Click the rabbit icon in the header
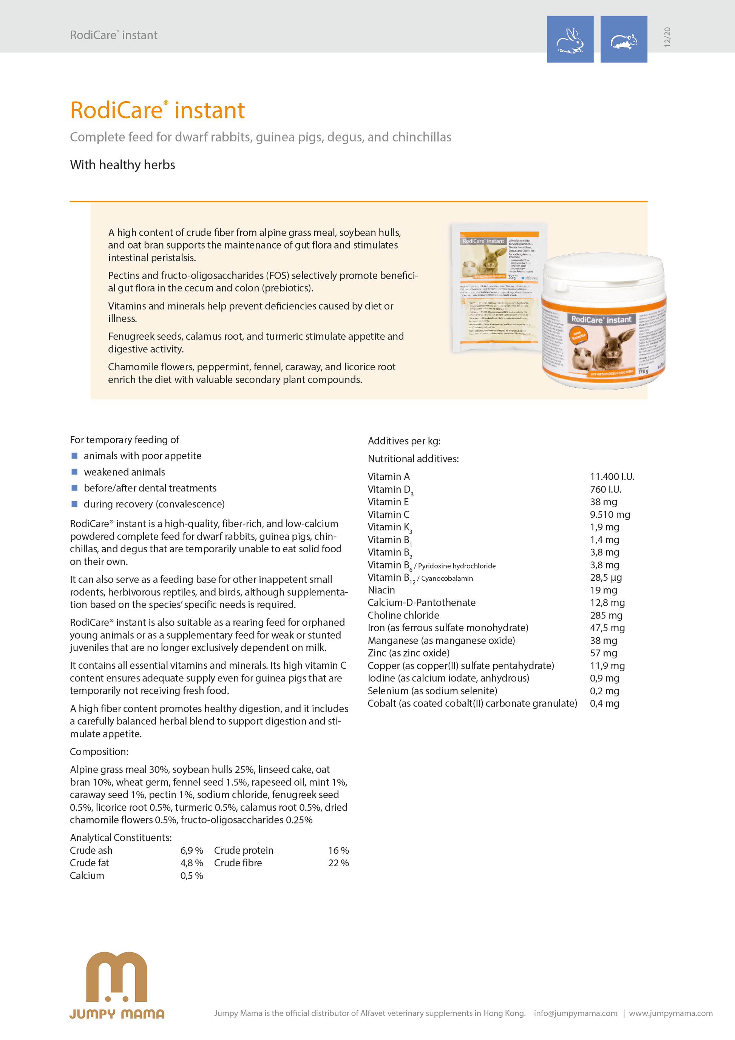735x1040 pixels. (570, 39)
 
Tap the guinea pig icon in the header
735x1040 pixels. (624, 39)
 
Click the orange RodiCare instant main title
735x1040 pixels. (157, 110)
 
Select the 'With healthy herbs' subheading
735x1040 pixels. (122, 165)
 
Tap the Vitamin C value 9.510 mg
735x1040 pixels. (610, 515)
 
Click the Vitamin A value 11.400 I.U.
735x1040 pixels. (612, 476)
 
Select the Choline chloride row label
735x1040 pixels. (403, 615)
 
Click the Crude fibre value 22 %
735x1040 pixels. (338, 863)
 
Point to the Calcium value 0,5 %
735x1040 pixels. (191, 876)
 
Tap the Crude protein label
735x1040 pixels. (244, 850)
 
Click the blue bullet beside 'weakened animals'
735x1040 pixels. (75, 472)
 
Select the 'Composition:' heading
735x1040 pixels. (99, 751)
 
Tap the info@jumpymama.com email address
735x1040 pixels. (575, 1013)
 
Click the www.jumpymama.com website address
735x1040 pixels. (670, 1013)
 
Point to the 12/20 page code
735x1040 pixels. (667, 37)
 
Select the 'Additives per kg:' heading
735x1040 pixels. (404, 441)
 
